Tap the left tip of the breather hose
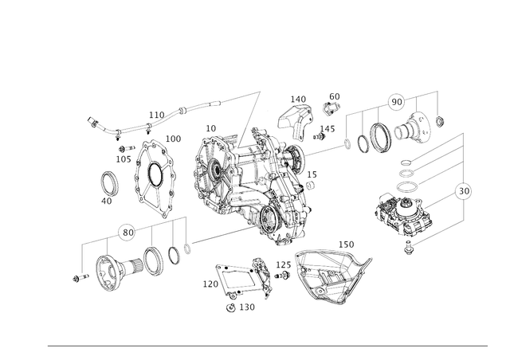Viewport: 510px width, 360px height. (90, 121)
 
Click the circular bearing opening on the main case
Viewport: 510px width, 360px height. (214, 170)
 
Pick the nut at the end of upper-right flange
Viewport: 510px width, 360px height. (440, 122)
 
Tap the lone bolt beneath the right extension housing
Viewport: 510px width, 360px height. (409, 252)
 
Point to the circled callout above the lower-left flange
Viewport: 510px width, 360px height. (124, 230)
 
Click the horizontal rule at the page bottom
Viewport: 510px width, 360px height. (266, 346)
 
